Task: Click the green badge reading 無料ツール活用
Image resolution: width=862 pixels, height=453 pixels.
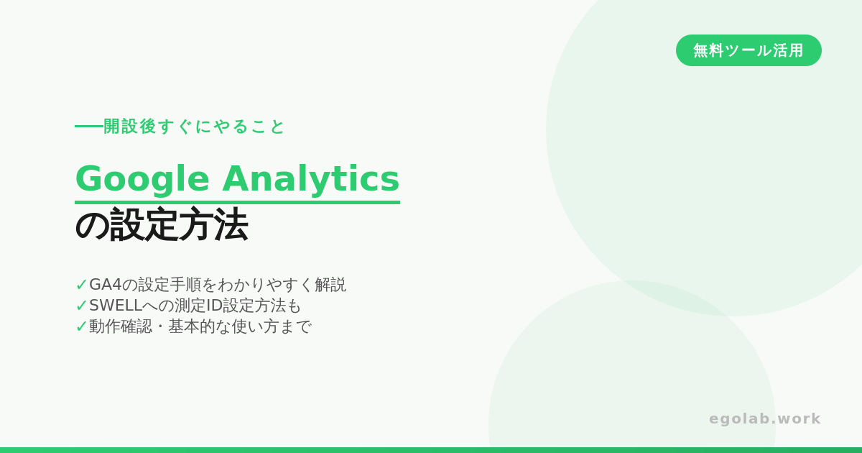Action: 749,50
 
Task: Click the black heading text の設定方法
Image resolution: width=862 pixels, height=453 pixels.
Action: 162,224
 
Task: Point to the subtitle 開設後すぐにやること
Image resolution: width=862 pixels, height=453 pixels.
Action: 194,127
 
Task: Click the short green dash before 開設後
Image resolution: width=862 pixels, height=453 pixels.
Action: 89,126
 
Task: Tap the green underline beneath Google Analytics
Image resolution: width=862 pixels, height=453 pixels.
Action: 238,202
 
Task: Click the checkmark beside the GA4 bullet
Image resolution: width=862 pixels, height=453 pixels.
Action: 81,285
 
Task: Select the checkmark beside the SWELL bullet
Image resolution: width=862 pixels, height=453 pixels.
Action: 81,306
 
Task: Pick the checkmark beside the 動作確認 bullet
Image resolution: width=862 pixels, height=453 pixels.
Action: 81,326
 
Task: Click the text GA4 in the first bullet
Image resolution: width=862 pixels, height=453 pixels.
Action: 105,285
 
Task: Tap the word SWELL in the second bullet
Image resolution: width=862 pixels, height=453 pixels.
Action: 116,306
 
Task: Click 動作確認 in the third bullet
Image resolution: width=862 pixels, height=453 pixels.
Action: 121,326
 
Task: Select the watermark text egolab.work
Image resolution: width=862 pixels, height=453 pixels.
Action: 765,418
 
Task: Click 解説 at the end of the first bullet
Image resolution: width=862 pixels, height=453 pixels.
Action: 330,285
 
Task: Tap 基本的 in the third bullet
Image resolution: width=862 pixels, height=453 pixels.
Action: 192,326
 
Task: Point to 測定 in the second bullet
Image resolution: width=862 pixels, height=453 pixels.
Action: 190,306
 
